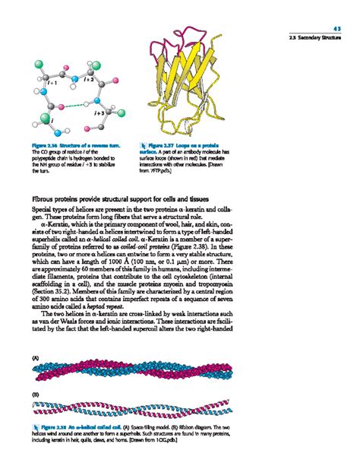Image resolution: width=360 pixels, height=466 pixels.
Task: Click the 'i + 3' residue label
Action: [99, 112]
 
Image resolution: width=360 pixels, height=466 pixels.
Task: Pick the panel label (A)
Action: [35, 357]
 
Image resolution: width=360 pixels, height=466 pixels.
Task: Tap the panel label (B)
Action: [35, 395]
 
